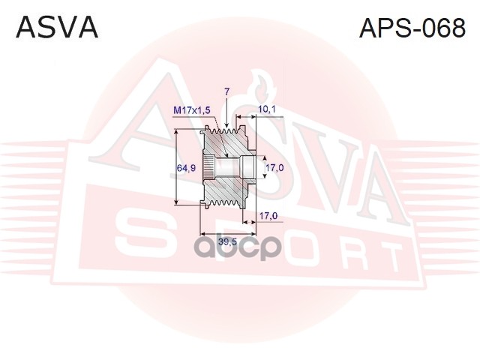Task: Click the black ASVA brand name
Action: click(x=57, y=28)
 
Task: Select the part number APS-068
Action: click(x=412, y=28)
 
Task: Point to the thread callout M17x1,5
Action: click(x=192, y=110)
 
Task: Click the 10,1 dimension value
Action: click(x=267, y=109)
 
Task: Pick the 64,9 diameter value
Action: click(x=186, y=168)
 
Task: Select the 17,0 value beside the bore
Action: click(x=274, y=167)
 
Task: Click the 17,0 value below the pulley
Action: click(x=268, y=216)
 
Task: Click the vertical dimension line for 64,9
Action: click(x=176, y=166)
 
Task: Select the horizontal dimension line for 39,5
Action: click(x=226, y=232)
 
